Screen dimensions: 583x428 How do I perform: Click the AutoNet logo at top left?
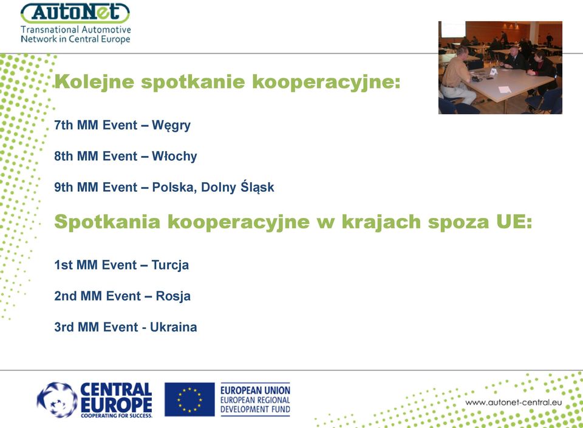pyautogui.click(x=75, y=13)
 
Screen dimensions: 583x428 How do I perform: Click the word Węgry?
pyautogui.click(x=171, y=126)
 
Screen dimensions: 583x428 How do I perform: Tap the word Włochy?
pyautogui.click(x=174, y=157)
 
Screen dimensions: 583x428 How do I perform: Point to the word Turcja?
pyautogui.click(x=170, y=265)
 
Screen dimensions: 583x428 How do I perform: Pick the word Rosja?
pyautogui.click(x=173, y=296)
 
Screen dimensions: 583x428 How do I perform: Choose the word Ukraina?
pyautogui.click(x=173, y=327)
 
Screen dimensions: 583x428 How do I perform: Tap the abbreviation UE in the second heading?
pyautogui.click(x=514, y=222)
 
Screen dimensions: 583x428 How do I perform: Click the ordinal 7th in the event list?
pyautogui.click(x=64, y=125)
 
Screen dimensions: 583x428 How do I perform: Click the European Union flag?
pyautogui.click(x=189, y=399)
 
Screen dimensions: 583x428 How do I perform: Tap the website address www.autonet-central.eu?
pyautogui.click(x=514, y=403)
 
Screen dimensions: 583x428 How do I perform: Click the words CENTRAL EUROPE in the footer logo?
pyautogui.click(x=116, y=398)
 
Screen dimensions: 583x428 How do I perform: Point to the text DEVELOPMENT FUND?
pyautogui.click(x=255, y=409)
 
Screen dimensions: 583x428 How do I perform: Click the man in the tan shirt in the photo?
pyautogui.click(x=457, y=76)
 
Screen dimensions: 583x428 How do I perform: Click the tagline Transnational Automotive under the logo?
pyautogui.click(x=76, y=29)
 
